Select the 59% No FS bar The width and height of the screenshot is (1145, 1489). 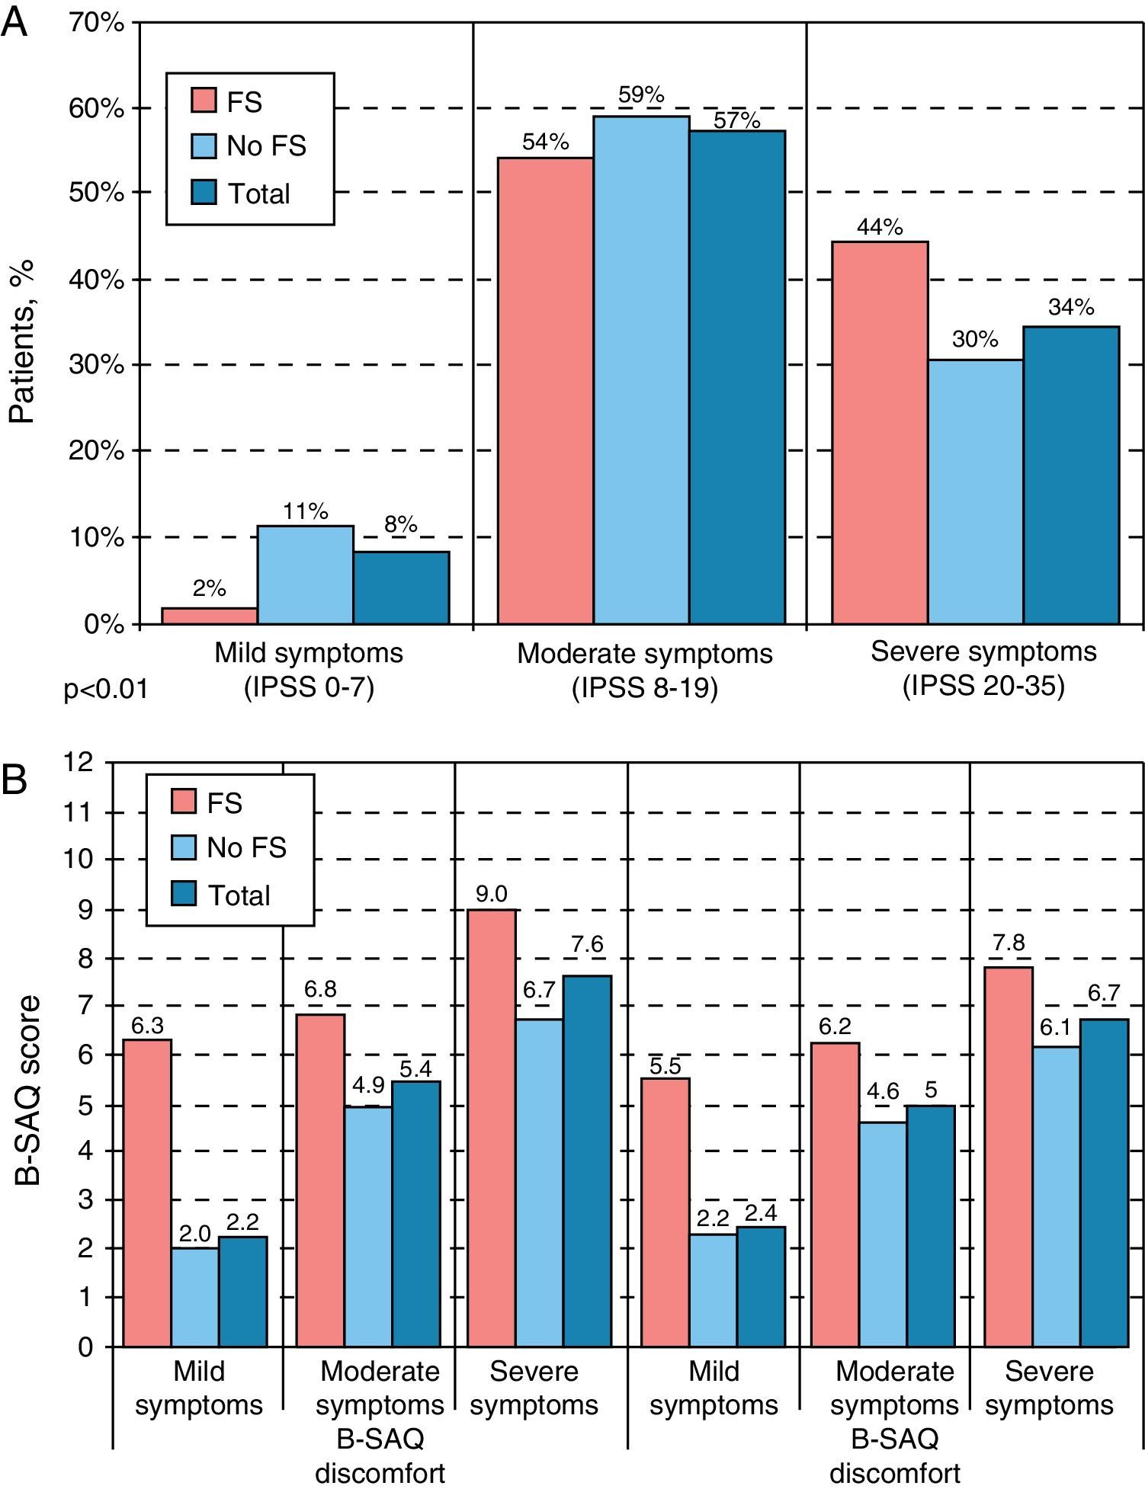[641, 370]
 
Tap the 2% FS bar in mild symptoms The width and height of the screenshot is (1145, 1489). [210, 616]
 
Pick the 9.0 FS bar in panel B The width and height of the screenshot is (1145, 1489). [491, 1128]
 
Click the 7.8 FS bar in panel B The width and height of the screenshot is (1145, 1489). [1008, 1157]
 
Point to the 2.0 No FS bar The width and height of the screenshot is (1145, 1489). [195, 1297]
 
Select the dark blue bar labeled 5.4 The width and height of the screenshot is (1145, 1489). [416, 1213]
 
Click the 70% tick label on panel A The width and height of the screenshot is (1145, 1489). [96, 24]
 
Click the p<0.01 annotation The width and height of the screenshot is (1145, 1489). [105, 690]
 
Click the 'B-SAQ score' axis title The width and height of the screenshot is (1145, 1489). [29, 1090]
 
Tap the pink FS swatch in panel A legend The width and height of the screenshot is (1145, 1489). [204, 101]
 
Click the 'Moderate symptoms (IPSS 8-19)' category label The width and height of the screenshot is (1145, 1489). [645, 671]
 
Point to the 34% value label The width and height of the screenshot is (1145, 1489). [1071, 307]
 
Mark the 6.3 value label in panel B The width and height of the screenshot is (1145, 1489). [147, 1026]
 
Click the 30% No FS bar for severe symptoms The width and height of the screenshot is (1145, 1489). [975, 492]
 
